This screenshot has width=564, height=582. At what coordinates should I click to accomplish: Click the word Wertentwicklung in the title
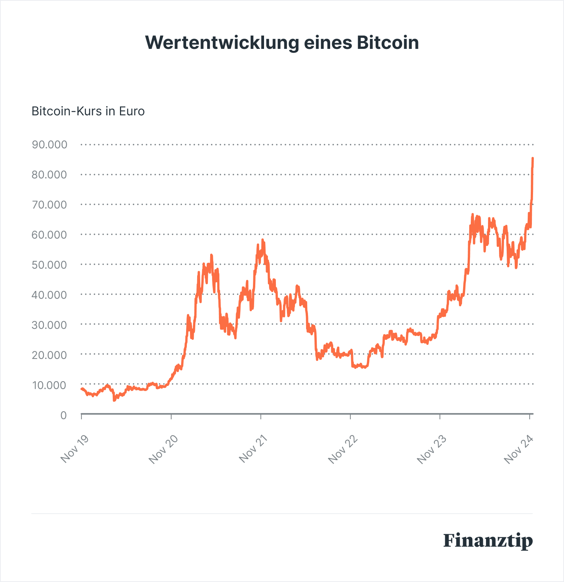pos(222,43)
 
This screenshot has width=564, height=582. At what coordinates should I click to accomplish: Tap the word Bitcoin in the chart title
pos(388,43)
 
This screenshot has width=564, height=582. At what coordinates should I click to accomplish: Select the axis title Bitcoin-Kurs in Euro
pos(88,111)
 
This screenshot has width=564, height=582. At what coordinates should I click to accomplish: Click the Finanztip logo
pos(488,541)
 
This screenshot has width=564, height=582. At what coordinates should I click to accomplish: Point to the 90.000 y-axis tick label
pos(50,145)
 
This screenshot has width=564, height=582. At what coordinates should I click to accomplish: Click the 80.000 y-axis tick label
pos(50,175)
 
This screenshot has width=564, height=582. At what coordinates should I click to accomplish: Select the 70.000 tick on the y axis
pos(50,205)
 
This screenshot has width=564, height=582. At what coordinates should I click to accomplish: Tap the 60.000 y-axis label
pos(50,234)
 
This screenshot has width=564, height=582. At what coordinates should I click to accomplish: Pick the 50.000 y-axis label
pos(50,265)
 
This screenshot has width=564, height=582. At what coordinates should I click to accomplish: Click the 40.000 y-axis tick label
pos(50,295)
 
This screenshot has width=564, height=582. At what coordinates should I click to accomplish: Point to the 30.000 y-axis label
pos(50,325)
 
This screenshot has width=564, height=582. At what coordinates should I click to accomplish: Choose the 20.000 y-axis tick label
pos(50,355)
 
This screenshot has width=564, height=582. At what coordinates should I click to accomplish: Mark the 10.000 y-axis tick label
pos(50,385)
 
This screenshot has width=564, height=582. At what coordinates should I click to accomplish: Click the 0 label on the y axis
pos(63,415)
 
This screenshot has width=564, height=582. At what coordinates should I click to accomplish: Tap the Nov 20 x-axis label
pos(163,449)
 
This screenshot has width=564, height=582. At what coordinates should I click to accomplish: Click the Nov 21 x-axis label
pos(253,449)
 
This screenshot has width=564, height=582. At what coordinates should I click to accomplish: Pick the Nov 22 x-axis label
pos(343,449)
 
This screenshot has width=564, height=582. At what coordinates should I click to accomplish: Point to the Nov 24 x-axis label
pos(519,449)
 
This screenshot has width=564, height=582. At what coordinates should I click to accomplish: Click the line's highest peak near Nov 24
pos(533,158)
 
